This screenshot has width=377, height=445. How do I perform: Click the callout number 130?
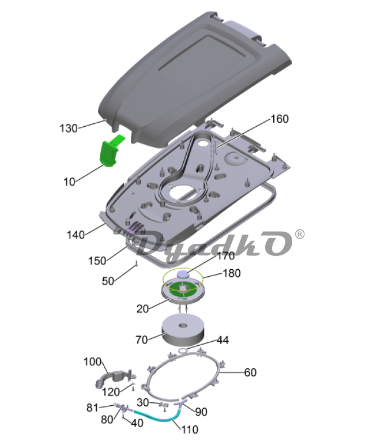(x=69, y=129)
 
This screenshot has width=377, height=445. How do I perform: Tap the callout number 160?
(x=280, y=119)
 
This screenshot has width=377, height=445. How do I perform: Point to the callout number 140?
(x=76, y=235)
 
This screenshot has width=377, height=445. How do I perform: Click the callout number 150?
(x=97, y=261)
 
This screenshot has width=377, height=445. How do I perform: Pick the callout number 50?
(x=108, y=281)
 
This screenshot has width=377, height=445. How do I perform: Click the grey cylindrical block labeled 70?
(x=183, y=329)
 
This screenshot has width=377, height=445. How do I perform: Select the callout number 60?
(x=250, y=372)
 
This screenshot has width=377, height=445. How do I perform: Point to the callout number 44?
(x=223, y=340)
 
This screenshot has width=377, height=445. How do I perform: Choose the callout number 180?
(x=232, y=273)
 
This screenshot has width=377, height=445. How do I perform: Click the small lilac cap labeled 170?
(x=183, y=274)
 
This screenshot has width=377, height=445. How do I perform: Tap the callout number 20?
(x=142, y=309)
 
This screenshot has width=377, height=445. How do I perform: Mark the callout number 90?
(x=201, y=412)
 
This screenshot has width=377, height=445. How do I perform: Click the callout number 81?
(x=92, y=408)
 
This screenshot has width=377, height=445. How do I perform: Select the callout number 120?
(x=111, y=392)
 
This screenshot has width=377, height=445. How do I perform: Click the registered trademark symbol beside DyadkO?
(x=300, y=235)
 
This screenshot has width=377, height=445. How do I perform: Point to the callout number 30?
(x=143, y=402)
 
